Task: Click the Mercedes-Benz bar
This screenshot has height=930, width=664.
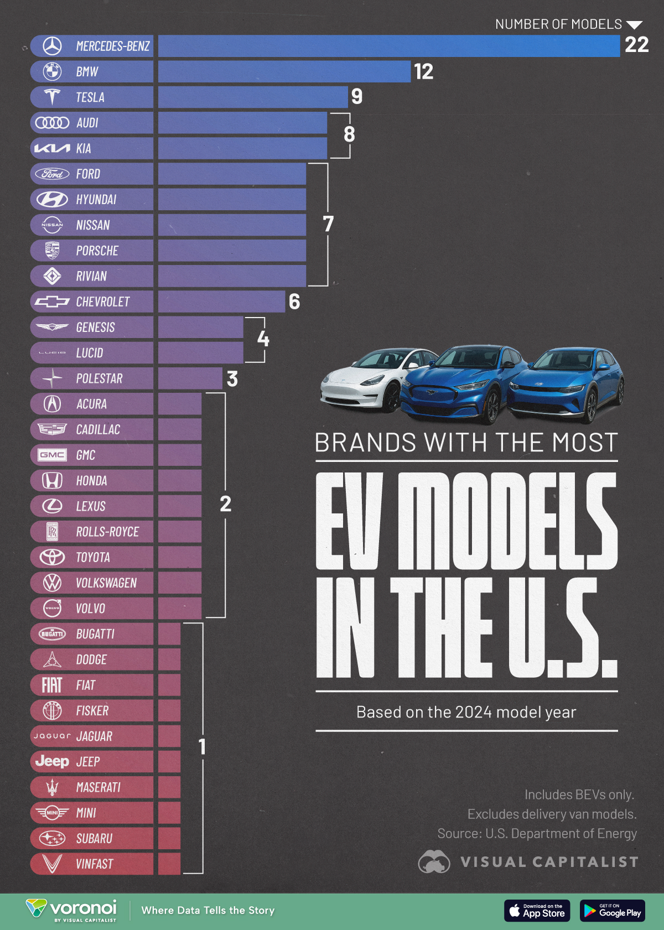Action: pos(388,46)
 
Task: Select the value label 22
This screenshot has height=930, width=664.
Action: pos(636,45)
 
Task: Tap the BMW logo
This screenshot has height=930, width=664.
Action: pos(52,71)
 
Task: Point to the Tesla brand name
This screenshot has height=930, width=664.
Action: pos(90,97)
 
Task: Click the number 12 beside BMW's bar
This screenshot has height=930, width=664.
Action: pos(423,71)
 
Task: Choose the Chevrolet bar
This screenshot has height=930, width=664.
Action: pos(221,302)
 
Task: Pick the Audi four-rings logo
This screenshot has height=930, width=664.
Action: pos(52,123)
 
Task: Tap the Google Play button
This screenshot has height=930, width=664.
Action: pos(612,911)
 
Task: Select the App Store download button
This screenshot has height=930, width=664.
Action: pos(537,911)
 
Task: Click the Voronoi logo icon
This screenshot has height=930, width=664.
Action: pos(37,908)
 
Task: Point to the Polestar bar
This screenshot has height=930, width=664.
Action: pos(190,378)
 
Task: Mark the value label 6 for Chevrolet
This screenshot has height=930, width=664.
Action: pos(294,302)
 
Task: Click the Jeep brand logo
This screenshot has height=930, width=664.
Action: pos(52,762)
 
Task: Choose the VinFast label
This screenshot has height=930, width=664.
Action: pos(95,864)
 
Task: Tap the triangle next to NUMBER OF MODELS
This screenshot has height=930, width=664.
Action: pos(634,25)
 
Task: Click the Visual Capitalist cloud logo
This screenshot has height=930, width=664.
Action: pos(434,862)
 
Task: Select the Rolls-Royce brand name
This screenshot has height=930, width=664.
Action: pos(107,532)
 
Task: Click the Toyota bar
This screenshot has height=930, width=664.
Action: pos(179,557)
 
